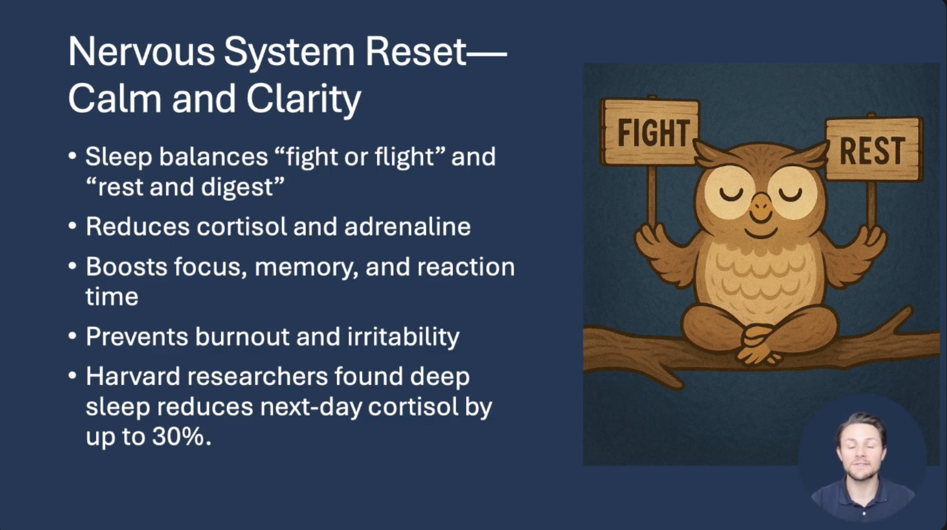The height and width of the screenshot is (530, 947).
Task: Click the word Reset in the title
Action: pyautogui.click(x=415, y=52)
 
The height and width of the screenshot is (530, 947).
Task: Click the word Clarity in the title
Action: pyautogui.click(x=304, y=99)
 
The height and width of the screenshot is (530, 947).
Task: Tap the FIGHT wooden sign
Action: pyautogui.click(x=650, y=132)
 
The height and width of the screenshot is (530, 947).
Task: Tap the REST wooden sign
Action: pyautogui.click(x=873, y=150)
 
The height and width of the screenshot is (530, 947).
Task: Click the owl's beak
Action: pyautogui.click(x=762, y=207)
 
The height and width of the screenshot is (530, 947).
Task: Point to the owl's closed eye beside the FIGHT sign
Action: pyautogui.click(x=731, y=194)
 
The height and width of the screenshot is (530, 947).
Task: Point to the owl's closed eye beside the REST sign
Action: pyautogui.click(x=790, y=194)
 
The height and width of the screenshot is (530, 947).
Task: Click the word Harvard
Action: pyautogui.click(x=133, y=376)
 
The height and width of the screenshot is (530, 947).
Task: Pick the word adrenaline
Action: pyautogui.click(x=407, y=226)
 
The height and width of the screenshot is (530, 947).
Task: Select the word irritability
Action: pyautogui.click(x=404, y=337)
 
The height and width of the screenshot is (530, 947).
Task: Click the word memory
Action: pyautogui.click(x=306, y=268)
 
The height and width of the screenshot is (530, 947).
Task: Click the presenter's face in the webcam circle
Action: pyautogui.click(x=861, y=451)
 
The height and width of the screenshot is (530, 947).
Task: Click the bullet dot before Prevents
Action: pyautogui.click(x=72, y=336)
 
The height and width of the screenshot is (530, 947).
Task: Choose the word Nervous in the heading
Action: pyautogui.click(x=141, y=52)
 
